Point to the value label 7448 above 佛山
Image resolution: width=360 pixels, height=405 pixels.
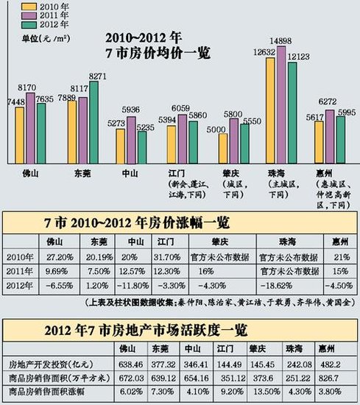coord(17,101)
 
